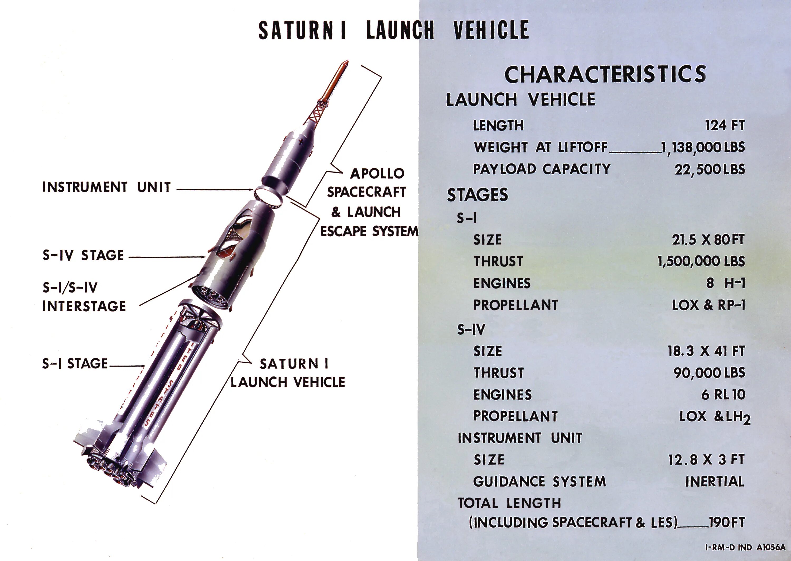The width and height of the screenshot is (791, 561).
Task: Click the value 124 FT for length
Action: (x=724, y=125)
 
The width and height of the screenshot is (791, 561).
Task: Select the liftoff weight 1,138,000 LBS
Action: (x=703, y=147)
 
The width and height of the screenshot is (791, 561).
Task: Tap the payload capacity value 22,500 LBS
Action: (x=710, y=170)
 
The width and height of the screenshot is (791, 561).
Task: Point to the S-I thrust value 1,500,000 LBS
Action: (x=701, y=261)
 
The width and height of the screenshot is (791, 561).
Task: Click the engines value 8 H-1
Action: (x=725, y=283)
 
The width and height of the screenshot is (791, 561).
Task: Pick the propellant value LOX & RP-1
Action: (x=708, y=305)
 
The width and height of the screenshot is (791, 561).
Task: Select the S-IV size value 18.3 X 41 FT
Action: (x=706, y=351)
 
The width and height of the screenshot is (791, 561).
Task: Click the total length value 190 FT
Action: (x=726, y=522)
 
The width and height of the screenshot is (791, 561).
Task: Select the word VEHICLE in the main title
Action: (x=491, y=30)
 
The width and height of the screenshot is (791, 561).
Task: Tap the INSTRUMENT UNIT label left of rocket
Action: (x=106, y=187)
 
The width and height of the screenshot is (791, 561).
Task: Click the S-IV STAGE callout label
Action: (x=83, y=255)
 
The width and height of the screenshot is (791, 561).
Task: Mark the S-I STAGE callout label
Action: (x=75, y=363)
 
